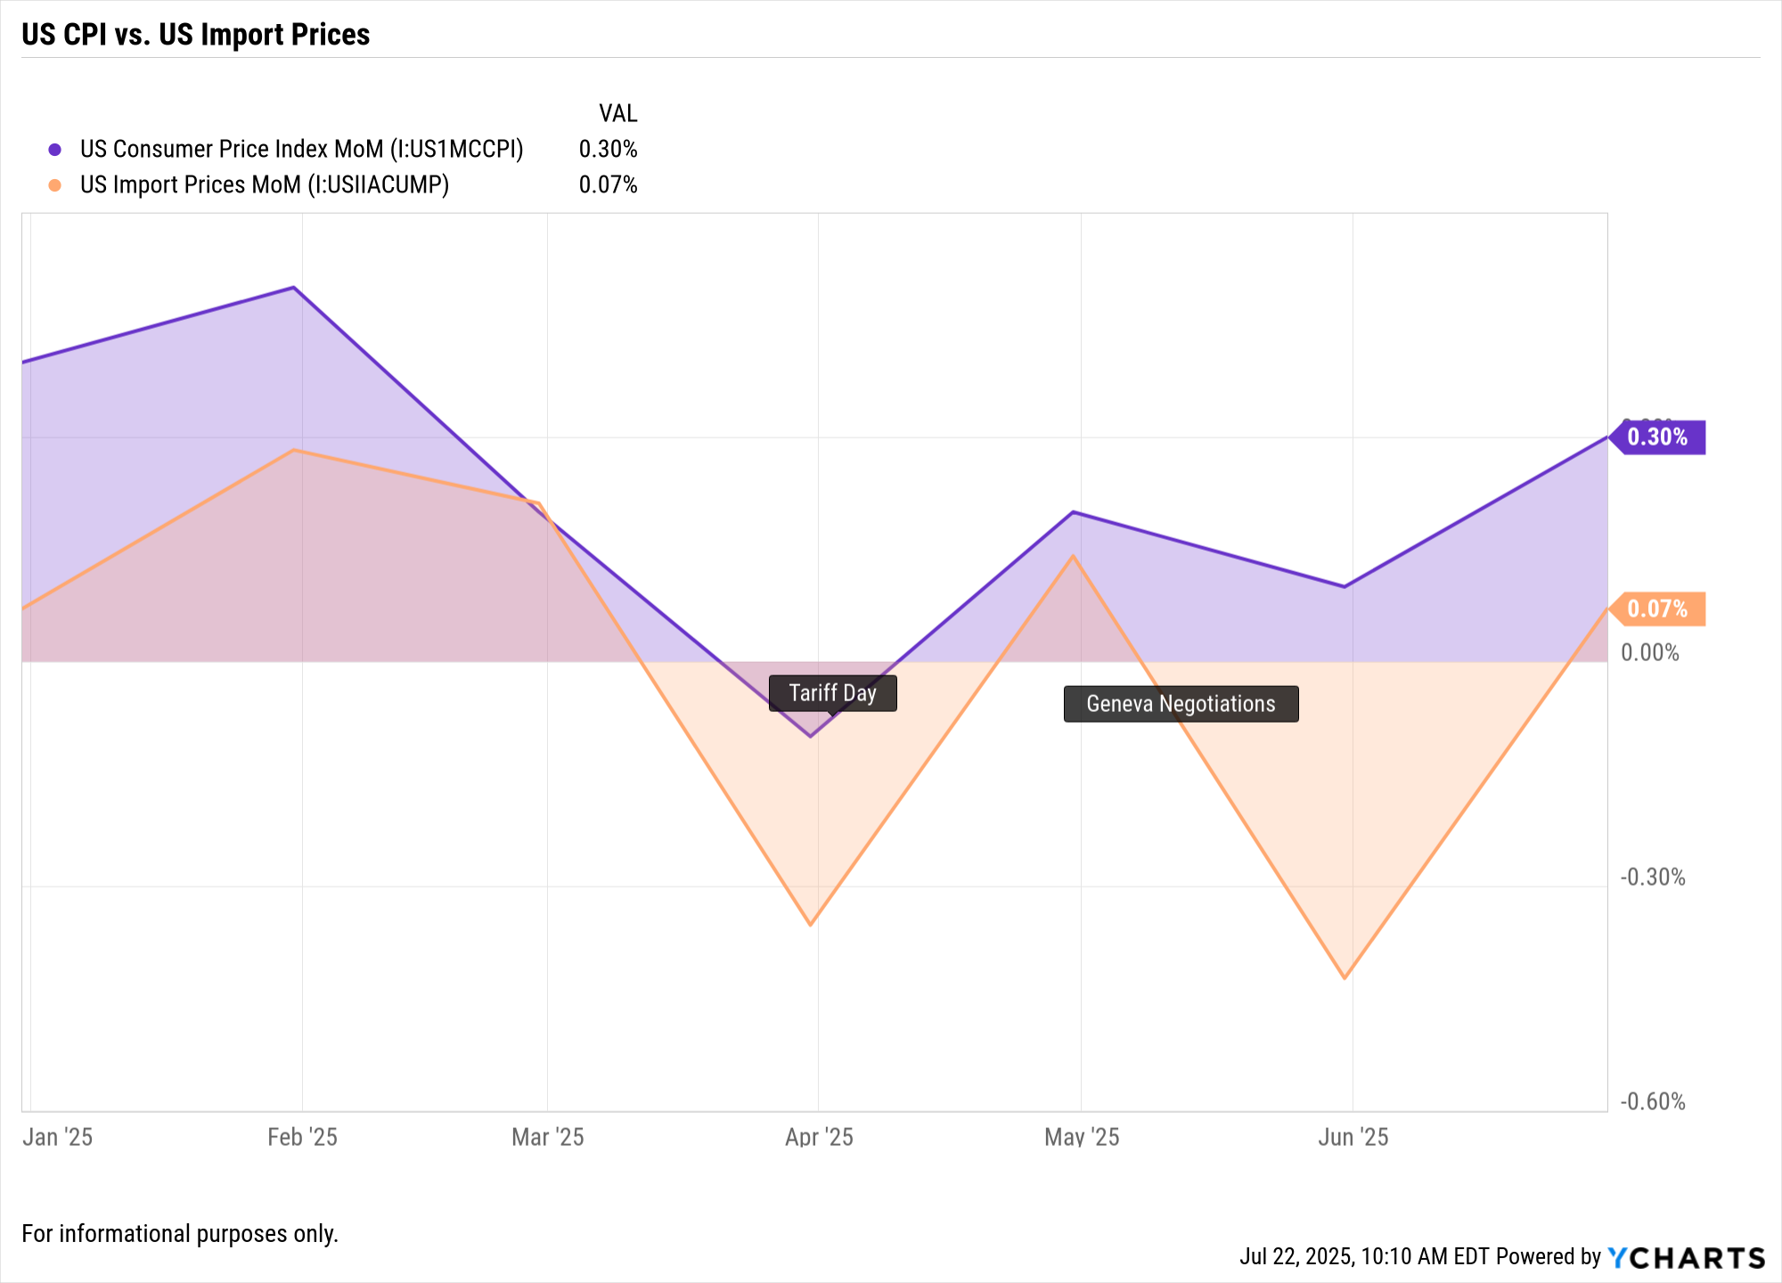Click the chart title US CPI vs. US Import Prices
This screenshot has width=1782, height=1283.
point(196,35)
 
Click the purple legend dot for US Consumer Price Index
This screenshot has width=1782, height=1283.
point(55,150)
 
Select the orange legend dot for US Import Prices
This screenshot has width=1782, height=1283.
point(55,185)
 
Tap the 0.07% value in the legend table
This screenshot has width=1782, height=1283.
point(608,185)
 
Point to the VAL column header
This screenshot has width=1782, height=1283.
point(617,114)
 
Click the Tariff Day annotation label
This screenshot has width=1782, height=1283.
point(832,693)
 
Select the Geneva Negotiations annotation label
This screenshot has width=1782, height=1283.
point(1181,704)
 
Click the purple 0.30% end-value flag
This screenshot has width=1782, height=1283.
point(1657,437)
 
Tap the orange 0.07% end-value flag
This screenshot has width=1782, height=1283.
point(1657,609)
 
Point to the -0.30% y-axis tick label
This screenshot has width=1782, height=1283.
point(1653,878)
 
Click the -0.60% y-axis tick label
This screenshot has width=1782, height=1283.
point(1653,1102)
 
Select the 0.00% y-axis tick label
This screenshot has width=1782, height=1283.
point(1650,653)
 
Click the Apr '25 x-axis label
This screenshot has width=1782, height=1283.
point(819,1138)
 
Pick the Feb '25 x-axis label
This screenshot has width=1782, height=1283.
point(302,1138)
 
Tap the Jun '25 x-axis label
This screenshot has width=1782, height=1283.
point(1353,1138)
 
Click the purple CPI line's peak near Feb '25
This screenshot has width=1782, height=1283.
point(294,288)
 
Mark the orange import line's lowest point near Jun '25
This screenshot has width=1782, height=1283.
point(1345,978)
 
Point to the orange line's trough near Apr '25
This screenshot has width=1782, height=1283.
point(810,925)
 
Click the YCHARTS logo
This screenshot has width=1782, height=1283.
point(1686,1258)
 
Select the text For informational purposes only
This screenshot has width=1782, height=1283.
point(180,1234)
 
